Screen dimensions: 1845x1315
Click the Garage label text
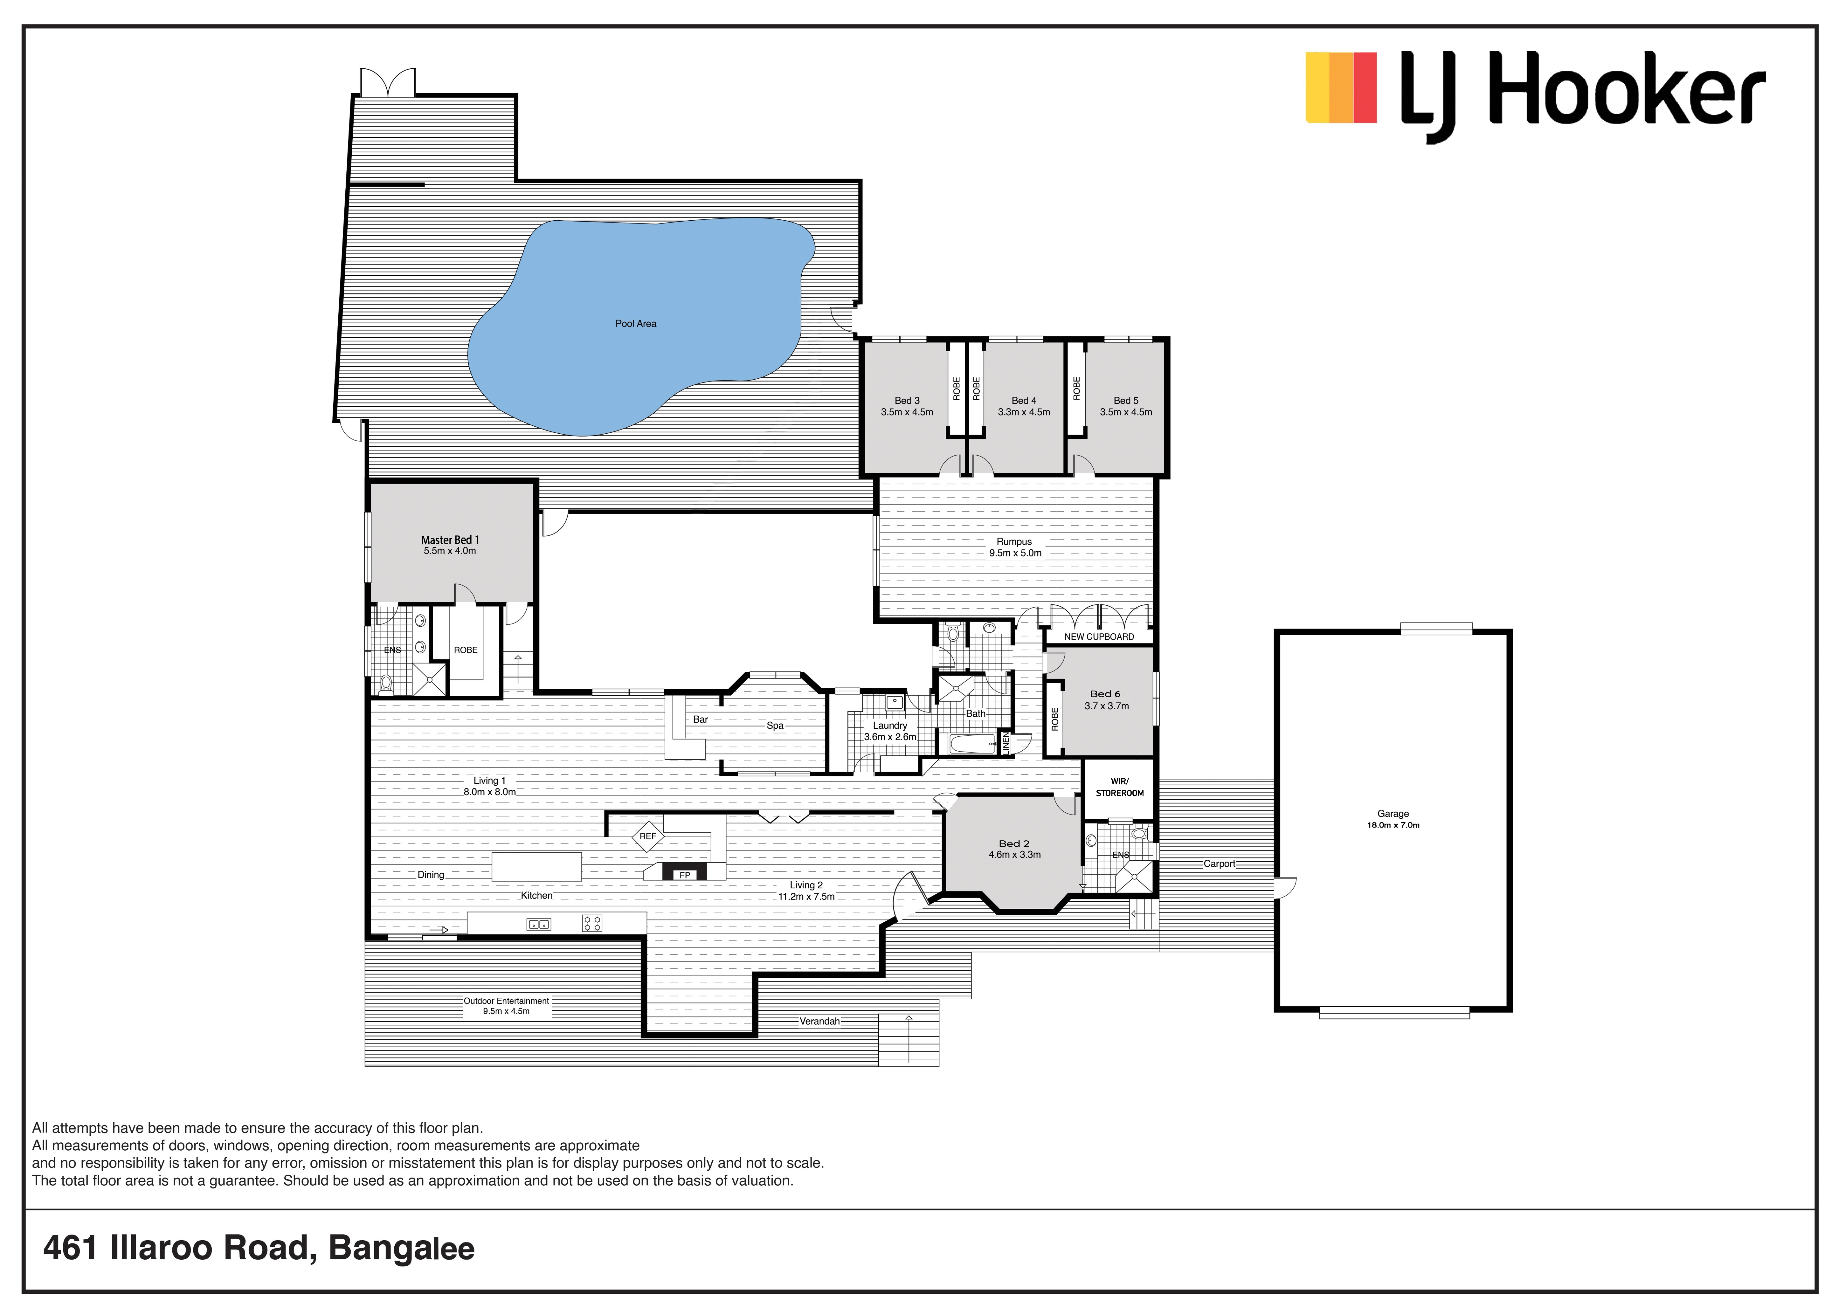pyautogui.click(x=1393, y=814)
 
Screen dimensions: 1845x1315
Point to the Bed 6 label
pyautogui.click(x=1106, y=694)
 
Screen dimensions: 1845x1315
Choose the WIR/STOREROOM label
pyautogui.click(x=1119, y=787)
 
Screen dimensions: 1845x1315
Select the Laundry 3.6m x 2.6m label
pyautogui.click(x=890, y=731)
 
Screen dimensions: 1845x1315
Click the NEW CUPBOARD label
pyautogui.click(x=1099, y=637)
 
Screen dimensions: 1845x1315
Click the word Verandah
pyautogui.click(x=820, y=1022)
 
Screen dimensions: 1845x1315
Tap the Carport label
pyautogui.click(x=1219, y=864)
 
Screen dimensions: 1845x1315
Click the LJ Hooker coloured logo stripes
pyautogui.click(x=1341, y=87)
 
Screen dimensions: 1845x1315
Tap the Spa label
pyautogui.click(x=775, y=726)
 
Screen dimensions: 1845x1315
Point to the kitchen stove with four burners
pyautogui.click(x=592, y=923)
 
